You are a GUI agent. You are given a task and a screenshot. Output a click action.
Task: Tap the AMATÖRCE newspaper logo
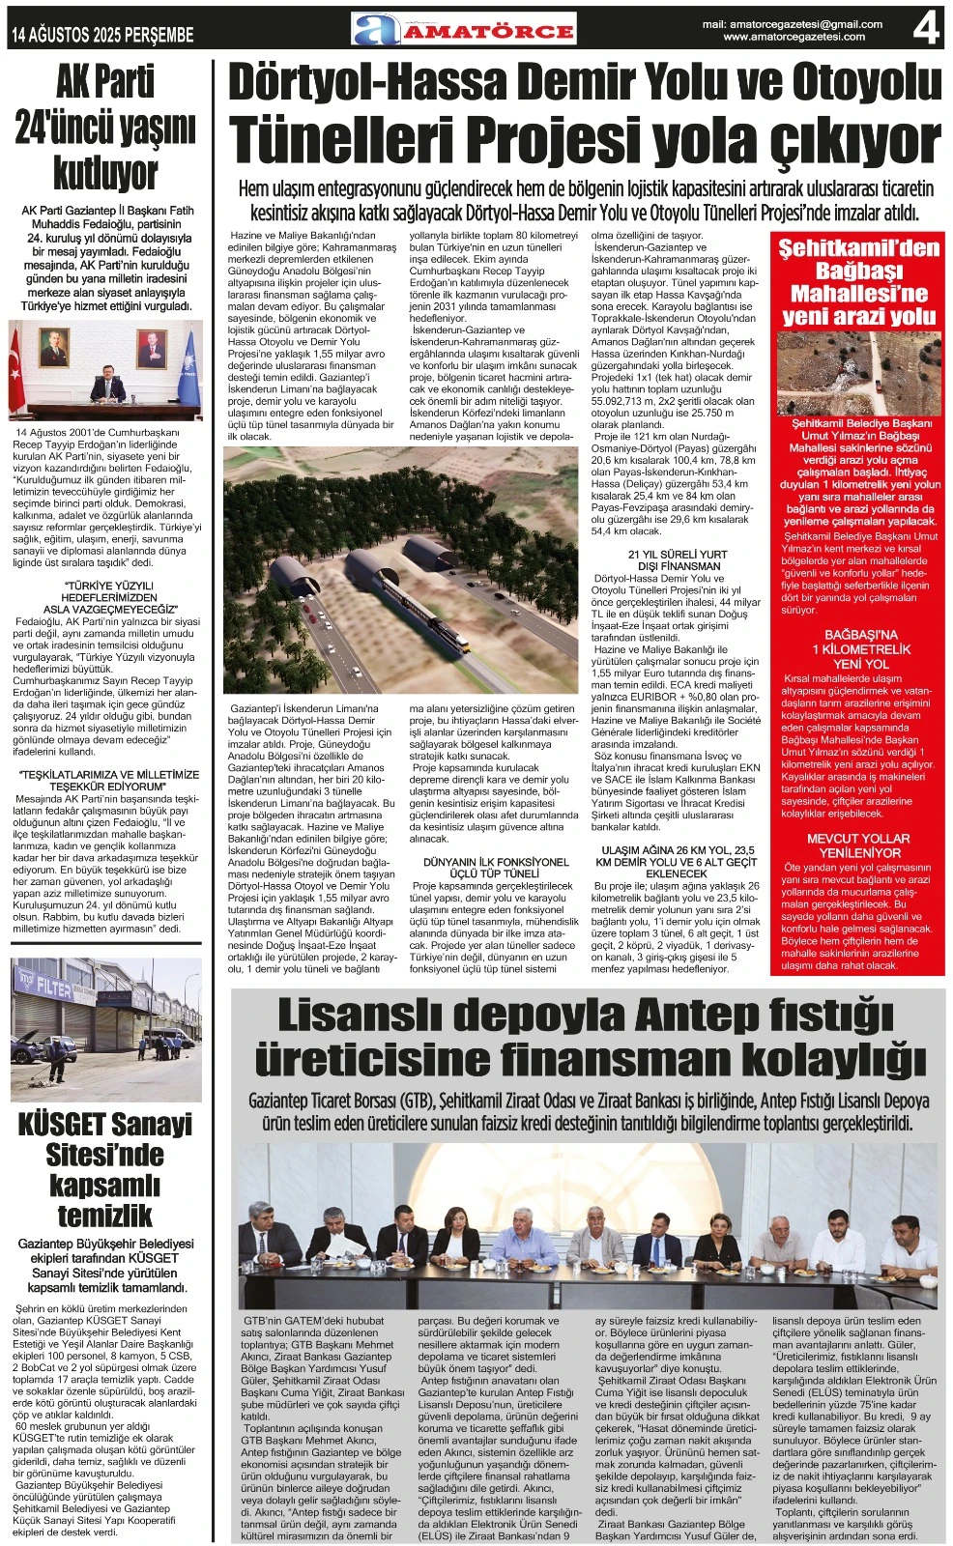coord(464,30)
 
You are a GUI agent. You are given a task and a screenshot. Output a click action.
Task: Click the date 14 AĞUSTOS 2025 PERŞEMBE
coord(102,36)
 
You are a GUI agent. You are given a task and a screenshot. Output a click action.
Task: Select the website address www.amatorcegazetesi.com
coord(794,38)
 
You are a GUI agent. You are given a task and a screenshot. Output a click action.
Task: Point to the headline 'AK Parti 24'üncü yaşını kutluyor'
coord(105,129)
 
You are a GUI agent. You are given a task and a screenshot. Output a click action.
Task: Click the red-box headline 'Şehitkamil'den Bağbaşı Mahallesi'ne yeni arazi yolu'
coord(858,281)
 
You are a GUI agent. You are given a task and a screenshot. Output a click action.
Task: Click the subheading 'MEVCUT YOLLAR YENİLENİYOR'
coord(858,845)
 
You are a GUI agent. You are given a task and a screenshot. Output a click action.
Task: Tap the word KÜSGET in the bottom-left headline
coord(61,1125)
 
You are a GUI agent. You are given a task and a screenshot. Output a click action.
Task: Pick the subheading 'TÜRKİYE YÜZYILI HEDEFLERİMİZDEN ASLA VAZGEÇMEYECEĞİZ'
coord(107,597)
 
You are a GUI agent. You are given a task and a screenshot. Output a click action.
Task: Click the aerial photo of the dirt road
coord(857,373)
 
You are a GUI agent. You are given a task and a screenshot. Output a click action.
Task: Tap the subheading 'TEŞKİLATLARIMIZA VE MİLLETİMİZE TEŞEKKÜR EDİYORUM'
coord(107,781)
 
